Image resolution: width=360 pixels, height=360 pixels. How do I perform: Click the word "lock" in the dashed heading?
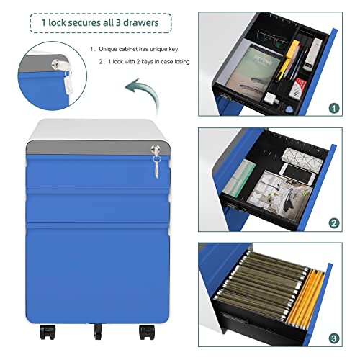tap(57, 22)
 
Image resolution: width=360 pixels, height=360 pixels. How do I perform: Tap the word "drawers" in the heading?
tap(141, 22)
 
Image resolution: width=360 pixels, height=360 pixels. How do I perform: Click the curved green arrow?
tap(143, 96)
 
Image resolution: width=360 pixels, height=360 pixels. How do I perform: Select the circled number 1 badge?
tap(334, 108)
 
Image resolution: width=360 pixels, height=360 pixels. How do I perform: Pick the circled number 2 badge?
tap(334, 223)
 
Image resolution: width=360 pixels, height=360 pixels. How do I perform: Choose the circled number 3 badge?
tap(334, 338)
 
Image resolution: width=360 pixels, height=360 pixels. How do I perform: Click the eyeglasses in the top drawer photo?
tap(273, 37)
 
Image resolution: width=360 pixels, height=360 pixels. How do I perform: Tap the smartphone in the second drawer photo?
tap(297, 174)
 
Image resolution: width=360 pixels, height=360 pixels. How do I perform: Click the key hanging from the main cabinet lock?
tap(156, 166)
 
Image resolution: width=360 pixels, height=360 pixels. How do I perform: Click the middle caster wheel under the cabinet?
tap(98, 331)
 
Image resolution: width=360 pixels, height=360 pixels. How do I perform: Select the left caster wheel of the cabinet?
tap(48, 332)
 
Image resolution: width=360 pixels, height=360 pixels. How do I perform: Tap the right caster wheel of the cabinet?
tap(147, 332)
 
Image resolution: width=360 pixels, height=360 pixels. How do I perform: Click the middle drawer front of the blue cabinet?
tap(98, 207)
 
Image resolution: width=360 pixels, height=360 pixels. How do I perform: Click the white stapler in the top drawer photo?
tap(312, 53)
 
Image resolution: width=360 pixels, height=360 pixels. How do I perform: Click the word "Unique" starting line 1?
tap(107, 49)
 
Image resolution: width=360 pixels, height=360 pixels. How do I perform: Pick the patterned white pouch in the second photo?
tap(302, 158)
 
